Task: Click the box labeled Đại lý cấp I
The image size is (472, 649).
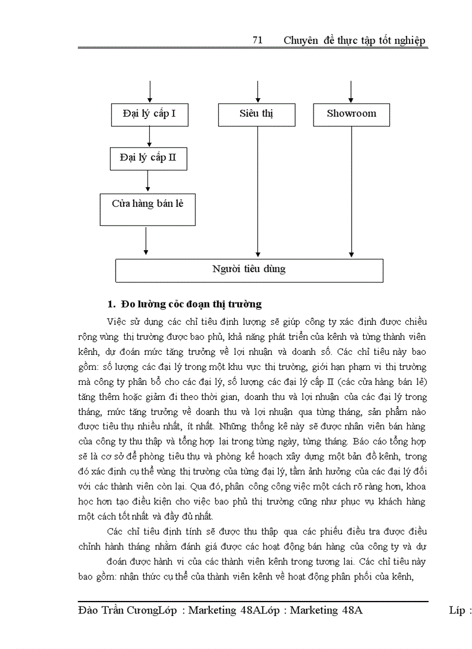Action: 149,114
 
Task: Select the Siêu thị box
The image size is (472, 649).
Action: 256,114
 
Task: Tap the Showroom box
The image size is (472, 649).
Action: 351,114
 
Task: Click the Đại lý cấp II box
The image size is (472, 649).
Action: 148,158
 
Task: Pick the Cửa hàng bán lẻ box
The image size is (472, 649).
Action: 147,209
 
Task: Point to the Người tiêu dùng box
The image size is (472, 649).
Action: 249,270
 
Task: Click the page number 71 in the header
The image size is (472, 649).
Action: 258,40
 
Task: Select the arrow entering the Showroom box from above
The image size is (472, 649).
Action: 351,92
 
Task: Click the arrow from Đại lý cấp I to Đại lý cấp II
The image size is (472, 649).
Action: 149,136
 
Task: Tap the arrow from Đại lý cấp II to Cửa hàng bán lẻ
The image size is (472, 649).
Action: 148,181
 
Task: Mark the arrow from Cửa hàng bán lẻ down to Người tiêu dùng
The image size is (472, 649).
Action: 146,241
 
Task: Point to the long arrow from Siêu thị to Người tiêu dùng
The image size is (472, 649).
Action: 257,191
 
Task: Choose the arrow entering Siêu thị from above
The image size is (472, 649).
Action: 257,92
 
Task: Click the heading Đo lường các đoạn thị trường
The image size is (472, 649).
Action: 191,304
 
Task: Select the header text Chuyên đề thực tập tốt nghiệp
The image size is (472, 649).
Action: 355,40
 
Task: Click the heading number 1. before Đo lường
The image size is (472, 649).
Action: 112,304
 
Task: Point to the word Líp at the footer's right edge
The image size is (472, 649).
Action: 459,610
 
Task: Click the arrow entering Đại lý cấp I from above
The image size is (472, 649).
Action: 149,92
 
